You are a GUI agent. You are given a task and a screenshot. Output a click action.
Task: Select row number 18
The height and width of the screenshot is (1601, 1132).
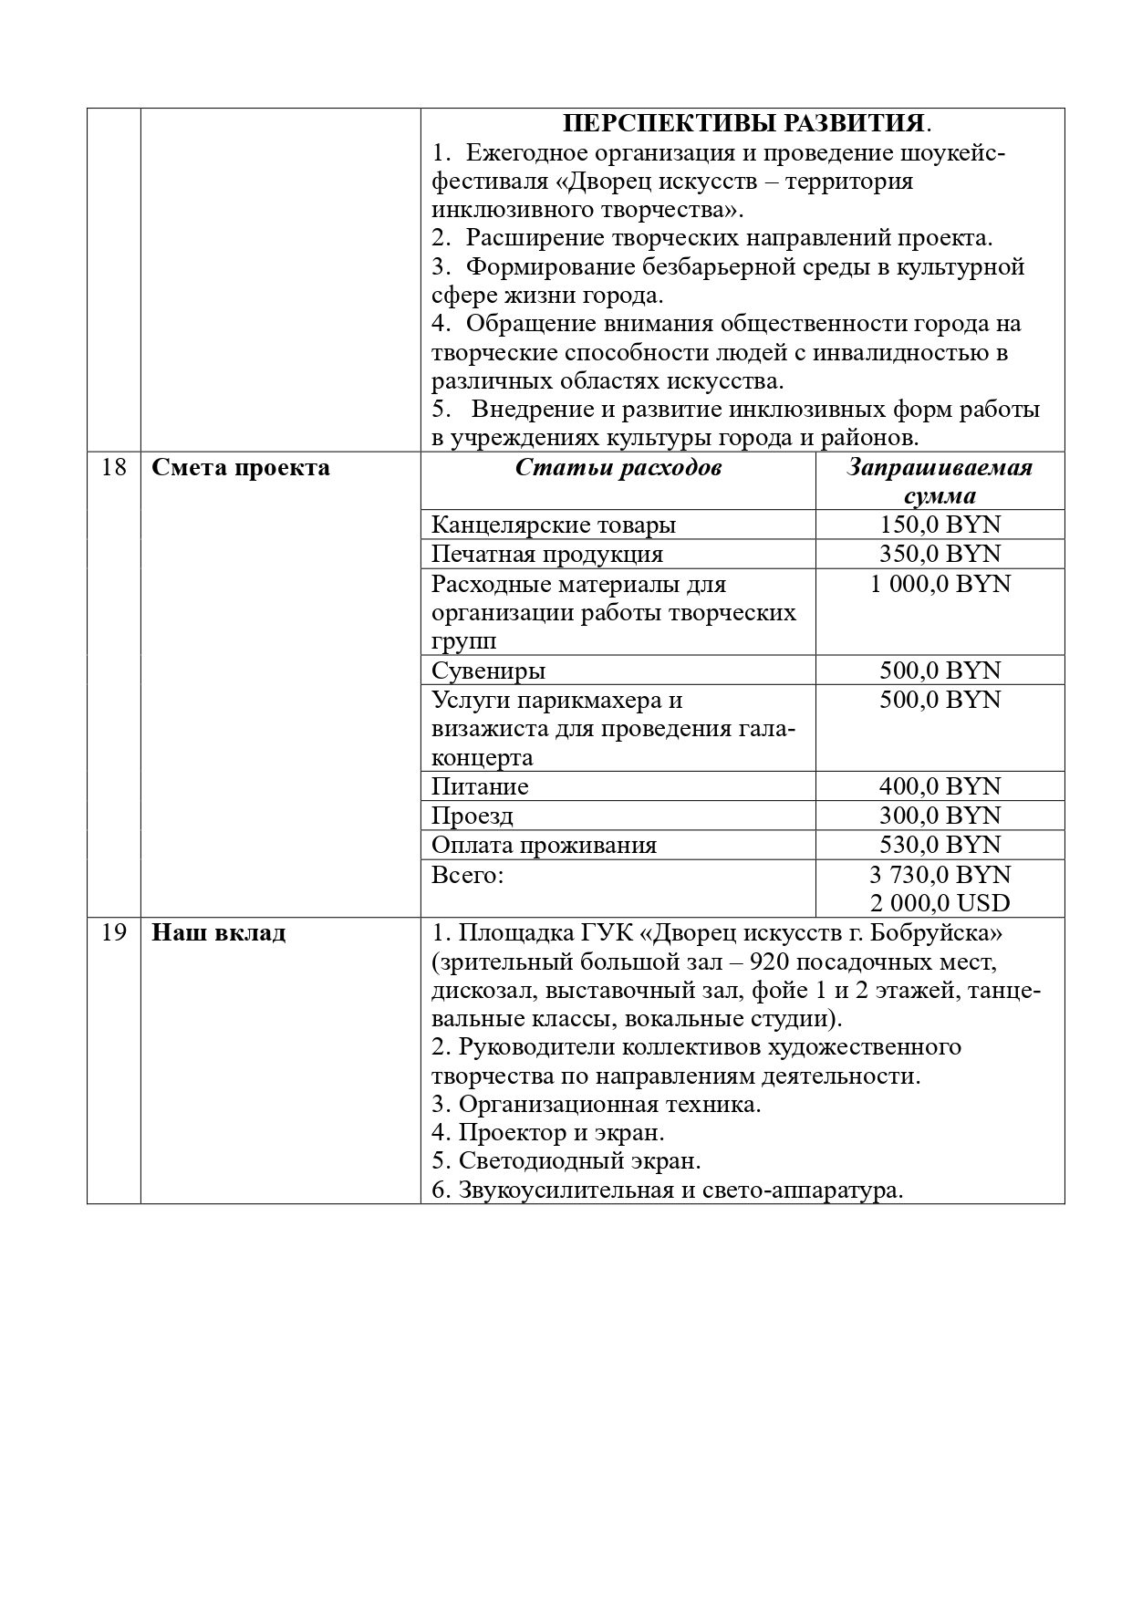pos(113,468)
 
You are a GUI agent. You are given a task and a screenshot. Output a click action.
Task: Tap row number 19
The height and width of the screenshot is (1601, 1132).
pos(113,933)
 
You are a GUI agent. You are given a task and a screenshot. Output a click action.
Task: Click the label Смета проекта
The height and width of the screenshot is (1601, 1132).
pos(241,468)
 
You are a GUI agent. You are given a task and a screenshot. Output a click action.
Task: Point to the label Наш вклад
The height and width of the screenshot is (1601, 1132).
pos(218,933)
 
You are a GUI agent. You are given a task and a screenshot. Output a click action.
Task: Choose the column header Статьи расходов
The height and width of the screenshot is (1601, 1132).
pos(618,468)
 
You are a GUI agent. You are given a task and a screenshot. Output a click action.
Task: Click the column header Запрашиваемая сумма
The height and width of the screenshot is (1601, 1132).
pos(940,482)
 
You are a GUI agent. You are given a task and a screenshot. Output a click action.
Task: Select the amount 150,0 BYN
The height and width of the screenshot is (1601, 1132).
pos(940,525)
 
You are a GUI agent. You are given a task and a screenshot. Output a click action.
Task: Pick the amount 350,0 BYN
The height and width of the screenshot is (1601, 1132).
pos(940,554)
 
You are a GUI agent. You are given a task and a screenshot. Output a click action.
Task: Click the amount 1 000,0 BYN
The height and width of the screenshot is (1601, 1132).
pos(940,584)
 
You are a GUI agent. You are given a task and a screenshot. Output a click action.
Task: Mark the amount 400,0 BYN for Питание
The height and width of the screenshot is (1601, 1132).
pos(940,786)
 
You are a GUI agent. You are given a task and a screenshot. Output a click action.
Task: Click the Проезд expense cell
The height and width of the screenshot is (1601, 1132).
pos(473,816)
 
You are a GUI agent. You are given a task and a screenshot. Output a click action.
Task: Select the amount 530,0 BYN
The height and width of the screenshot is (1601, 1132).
pos(940,845)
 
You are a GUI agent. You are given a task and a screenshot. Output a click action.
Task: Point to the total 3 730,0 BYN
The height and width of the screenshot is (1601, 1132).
pos(940,875)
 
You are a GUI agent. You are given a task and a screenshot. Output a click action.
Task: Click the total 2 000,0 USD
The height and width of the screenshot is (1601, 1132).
pos(940,903)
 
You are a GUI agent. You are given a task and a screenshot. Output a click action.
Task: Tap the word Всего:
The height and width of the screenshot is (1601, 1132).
pos(467,875)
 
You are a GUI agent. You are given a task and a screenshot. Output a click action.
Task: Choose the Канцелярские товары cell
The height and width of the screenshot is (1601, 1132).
pos(554,525)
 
